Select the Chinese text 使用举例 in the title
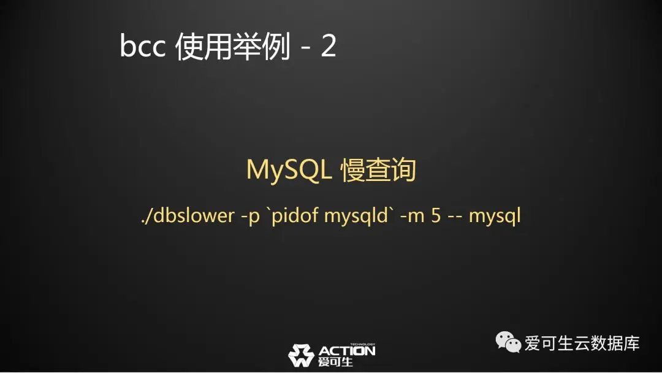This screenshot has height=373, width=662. pos(233,46)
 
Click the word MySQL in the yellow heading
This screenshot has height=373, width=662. pos(289,170)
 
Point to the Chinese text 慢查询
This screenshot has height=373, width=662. pos(379,170)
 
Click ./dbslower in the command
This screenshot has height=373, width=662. pos(188,215)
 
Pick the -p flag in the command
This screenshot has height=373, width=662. pos(250,217)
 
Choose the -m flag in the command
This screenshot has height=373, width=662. pos(412,217)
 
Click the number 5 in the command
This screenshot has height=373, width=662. pos(436,215)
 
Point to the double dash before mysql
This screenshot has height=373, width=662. pos(455,217)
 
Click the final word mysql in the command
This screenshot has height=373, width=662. pos(495,217)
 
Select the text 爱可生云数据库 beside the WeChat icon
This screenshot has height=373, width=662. pos(582,343)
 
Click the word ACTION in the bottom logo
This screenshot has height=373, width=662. pos(346,351)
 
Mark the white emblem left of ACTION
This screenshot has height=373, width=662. pos(301,355)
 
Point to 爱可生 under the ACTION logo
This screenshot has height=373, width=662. pos(335,362)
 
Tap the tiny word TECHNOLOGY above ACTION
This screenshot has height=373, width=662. pos(362,345)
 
